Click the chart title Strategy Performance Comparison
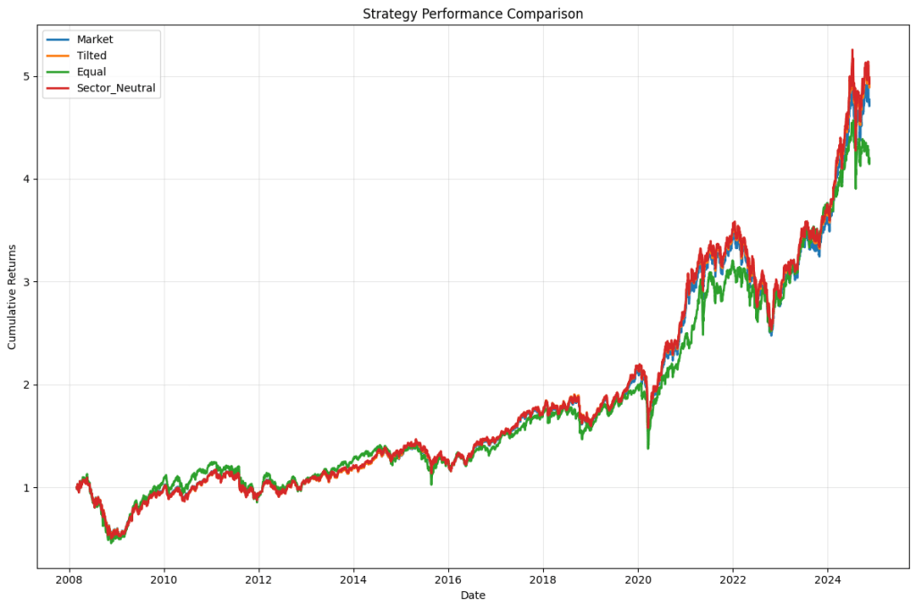click(472, 13)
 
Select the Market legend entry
click(95, 39)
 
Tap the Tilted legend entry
click(91, 56)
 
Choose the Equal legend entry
click(91, 72)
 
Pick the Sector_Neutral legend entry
click(115, 88)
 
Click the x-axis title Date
click(472, 596)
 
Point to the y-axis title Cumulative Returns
click(13, 296)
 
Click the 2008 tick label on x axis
click(70, 579)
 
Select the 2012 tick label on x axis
click(259, 579)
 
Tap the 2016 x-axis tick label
click(448, 579)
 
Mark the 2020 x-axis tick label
click(638, 579)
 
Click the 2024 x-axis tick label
click(827, 579)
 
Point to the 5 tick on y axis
click(26, 76)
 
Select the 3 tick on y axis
click(26, 282)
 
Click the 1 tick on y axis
click(26, 488)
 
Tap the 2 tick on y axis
click(26, 385)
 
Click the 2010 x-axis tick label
click(165, 579)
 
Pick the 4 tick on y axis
click(26, 179)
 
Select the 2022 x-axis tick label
click(733, 579)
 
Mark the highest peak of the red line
click(852, 50)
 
